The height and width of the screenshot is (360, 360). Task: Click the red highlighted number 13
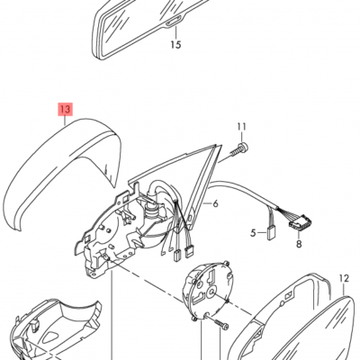point(64,110)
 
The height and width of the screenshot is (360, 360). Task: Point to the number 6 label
point(215,203)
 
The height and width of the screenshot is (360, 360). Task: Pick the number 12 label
point(344,277)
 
